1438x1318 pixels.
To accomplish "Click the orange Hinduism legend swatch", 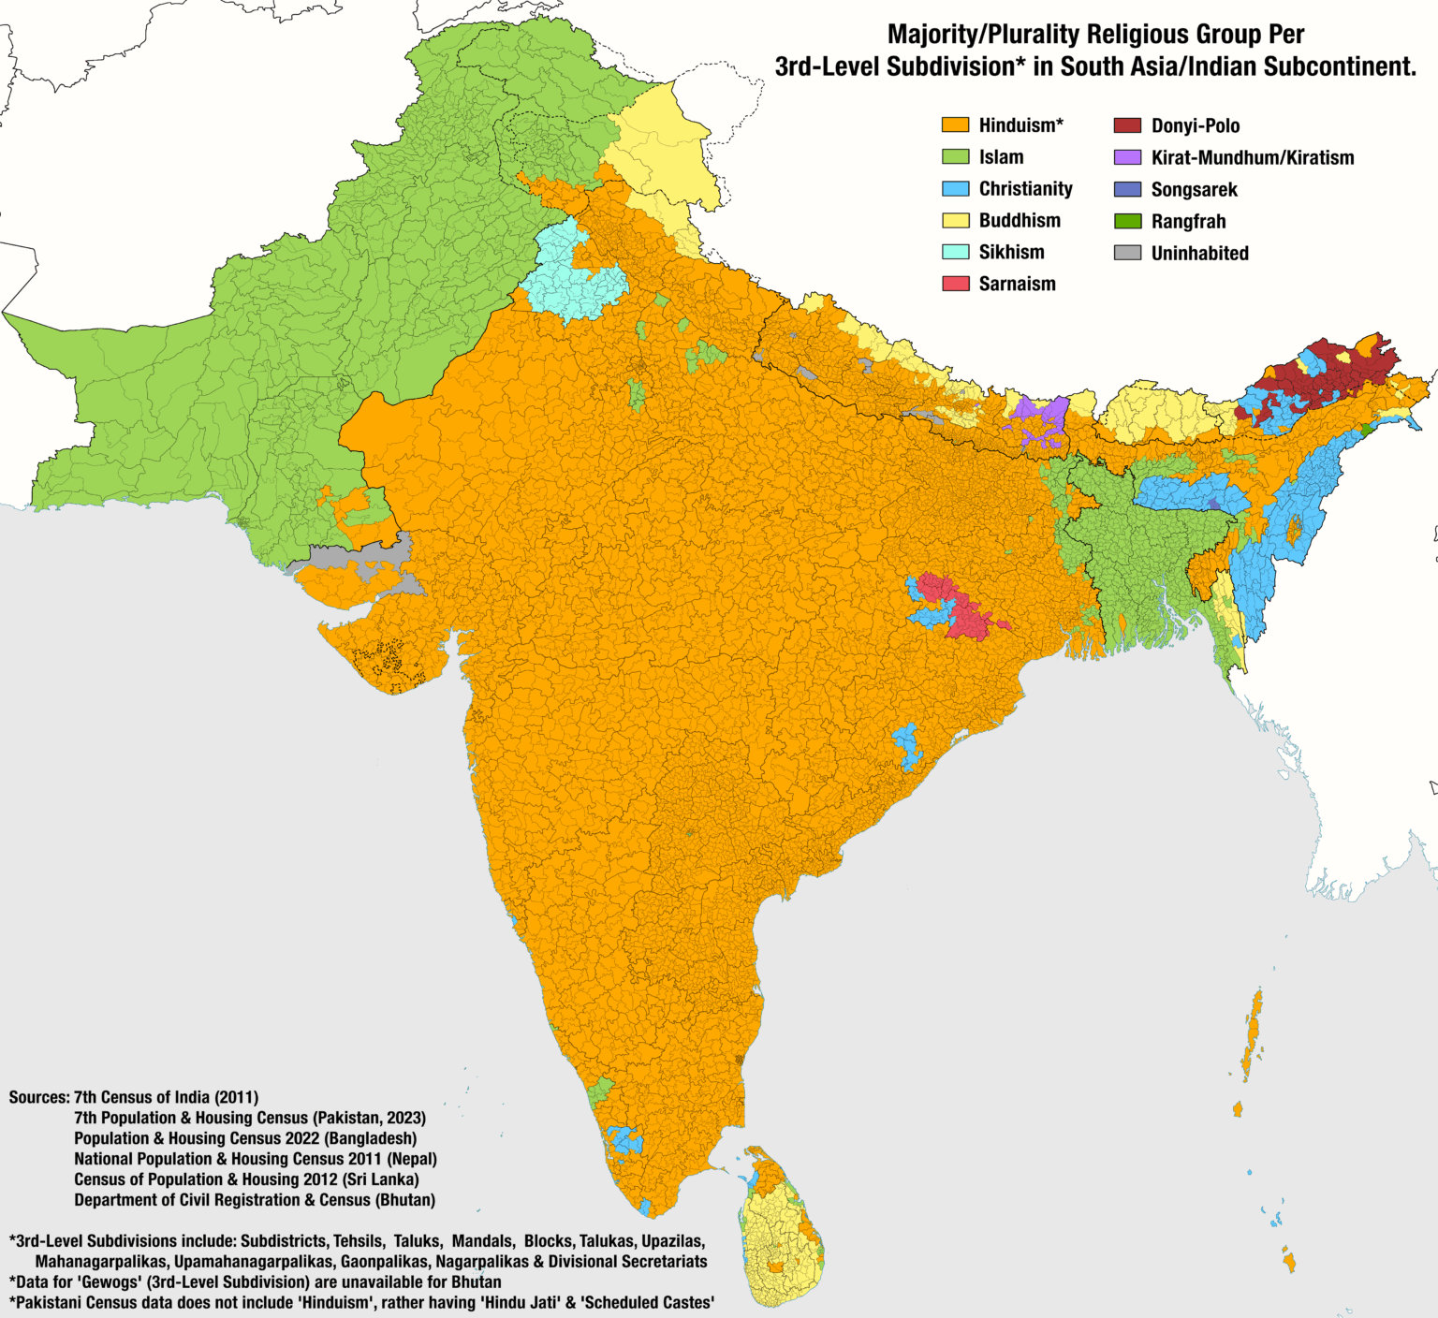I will point(955,125).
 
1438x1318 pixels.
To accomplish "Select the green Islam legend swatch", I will point(955,157).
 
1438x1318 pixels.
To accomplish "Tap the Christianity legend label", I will point(1025,189).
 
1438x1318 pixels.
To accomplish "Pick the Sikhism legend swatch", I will point(955,252).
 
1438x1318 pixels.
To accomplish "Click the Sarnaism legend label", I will point(1017,284).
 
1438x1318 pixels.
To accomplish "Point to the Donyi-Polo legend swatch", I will point(1127,125).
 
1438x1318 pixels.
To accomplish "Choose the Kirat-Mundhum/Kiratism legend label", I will point(1252,158).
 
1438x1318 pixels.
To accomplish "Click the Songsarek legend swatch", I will point(1127,189).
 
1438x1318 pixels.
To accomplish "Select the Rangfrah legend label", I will point(1188,222).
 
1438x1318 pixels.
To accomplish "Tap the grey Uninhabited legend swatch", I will point(1127,253).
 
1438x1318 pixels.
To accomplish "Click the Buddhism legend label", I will point(1020,221).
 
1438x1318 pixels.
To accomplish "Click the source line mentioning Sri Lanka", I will point(246,1179).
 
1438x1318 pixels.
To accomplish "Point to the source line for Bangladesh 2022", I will point(245,1138).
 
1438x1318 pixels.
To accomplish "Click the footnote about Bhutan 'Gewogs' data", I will point(255,1282).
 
